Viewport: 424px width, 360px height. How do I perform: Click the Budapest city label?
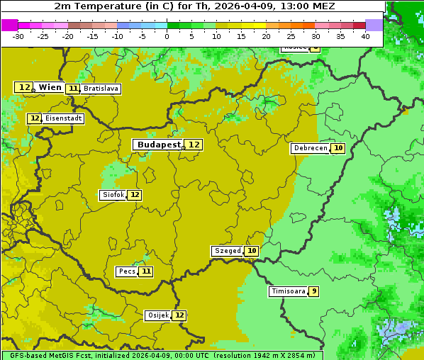pos(159,145)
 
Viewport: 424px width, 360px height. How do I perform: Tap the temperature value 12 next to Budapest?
pos(194,145)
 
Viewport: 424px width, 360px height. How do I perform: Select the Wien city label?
pos(50,87)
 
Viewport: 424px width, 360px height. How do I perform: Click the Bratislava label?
pos(100,89)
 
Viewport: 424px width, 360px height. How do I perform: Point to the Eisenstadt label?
pos(63,118)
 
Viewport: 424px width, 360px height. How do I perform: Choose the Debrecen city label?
pos(310,148)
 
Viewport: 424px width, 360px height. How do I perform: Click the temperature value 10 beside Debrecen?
pos(338,148)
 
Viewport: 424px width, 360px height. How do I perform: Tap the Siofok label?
pos(113,195)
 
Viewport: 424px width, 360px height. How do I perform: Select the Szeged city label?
pos(228,251)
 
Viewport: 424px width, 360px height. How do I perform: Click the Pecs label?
pos(127,271)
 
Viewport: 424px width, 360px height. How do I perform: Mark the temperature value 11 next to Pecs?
pos(145,271)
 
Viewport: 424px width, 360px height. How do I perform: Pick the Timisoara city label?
pos(289,291)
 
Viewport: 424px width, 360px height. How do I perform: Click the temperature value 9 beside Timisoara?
pos(313,291)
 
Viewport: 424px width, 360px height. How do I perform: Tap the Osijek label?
pos(157,315)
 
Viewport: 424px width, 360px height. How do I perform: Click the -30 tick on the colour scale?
pos(18,36)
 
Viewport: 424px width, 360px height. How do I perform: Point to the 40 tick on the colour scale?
pos(365,36)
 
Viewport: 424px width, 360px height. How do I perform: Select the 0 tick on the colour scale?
pos(167,36)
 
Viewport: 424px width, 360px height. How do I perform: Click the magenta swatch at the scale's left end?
pos(9,25)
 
